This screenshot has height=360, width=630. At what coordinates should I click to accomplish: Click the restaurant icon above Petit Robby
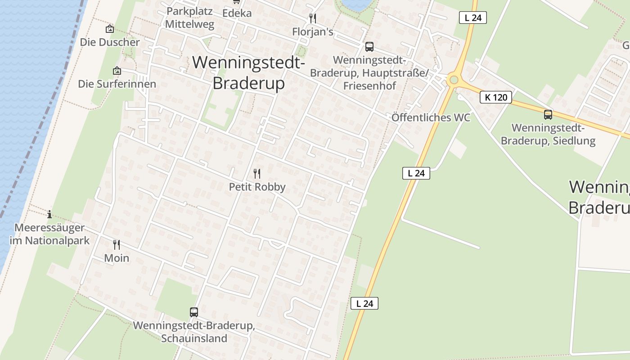pyautogui.click(x=257, y=174)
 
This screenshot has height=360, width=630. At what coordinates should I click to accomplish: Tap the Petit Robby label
pyautogui.click(x=257, y=187)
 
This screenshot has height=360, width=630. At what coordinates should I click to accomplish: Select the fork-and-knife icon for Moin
pyautogui.click(x=117, y=245)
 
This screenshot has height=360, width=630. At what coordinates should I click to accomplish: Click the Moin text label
pyautogui.click(x=117, y=258)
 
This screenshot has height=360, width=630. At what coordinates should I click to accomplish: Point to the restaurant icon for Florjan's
pyautogui.click(x=313, y=18)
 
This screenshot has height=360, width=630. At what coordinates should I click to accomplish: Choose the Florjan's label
pyautogui.click(x=313, y=32)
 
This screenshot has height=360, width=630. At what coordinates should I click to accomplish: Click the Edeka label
pyautogui.click(x=237, y=13)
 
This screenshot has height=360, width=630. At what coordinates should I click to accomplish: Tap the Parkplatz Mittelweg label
pyautogui.click(x=189, y=18)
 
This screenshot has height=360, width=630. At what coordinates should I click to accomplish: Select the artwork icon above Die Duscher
pyautogui.click(x=109, y=29)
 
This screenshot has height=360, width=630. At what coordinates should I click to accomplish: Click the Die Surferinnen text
pyautogui.click(x=117, y=84)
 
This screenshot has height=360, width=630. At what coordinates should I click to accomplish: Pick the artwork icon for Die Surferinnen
pyautogui.click(x=117, y=71)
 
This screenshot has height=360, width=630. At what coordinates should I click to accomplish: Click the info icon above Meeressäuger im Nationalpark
pyautogui.click(x=49, y=214)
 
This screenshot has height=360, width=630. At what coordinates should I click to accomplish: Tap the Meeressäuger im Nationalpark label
pyautogui.click(x=49, y=234)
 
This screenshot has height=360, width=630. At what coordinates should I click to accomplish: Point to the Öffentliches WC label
pyautogui.click(x=431, y=117)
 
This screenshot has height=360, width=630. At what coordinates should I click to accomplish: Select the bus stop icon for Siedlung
pyautogui.click(x=548, y=115)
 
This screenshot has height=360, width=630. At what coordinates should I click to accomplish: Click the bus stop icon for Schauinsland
pyautogui.click(x=194, y=312)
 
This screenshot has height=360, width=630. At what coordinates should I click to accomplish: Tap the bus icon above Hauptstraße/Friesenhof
pyautogui.click(x=369, y=47)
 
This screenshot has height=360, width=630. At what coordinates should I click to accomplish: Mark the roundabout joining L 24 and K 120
pyautogui.click(x=454, y=80)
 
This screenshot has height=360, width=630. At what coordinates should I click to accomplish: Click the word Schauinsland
pyautogui.click(x=194, y=338)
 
